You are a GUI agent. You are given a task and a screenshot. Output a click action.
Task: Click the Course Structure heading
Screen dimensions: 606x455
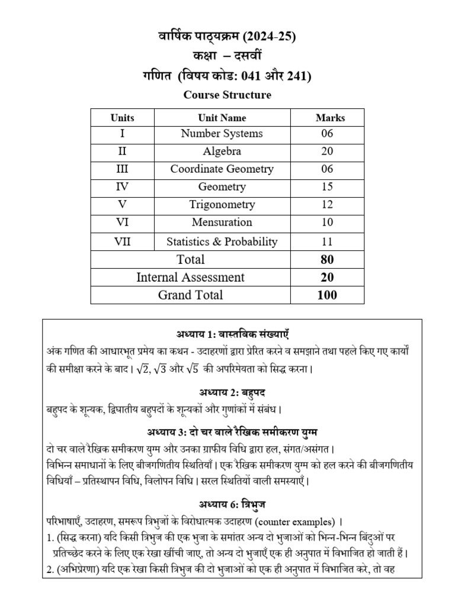[x=227, y=95]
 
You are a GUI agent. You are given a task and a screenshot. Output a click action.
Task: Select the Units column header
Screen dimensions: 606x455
[x=122, y=118]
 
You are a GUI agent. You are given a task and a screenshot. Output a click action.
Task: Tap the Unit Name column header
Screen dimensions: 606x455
[x=222, y=118]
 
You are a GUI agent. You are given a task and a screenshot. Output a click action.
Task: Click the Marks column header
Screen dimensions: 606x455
[x=330, y=118]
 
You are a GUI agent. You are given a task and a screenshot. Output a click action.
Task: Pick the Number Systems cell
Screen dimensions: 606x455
[x=222, y=134]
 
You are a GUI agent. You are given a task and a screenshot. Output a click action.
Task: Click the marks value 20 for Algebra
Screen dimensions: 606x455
[x=326, y=151]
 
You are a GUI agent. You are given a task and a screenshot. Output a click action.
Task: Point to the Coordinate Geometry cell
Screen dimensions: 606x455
[x=222, y=169]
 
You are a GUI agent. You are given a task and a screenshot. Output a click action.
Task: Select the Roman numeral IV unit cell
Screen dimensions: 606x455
[x=122, y=187]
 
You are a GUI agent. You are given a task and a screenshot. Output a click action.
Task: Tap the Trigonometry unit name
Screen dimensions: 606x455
[x=222, y=205]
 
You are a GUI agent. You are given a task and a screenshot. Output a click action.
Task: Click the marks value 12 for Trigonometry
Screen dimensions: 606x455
[x=326, y=205]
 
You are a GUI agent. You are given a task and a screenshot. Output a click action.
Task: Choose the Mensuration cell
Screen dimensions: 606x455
[x=222, y=223]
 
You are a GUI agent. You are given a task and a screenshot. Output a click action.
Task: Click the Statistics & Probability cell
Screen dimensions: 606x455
[x=222, y=241]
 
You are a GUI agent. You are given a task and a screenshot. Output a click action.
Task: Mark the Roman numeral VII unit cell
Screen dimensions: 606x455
[x=122, y=241]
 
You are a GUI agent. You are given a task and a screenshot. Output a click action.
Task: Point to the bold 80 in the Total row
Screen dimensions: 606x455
[x=326, y=259]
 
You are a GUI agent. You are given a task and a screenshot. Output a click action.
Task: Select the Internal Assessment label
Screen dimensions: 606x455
[x=190, y=277]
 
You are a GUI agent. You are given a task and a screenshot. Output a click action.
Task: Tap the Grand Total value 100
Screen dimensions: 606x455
[x=326, y=295]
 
